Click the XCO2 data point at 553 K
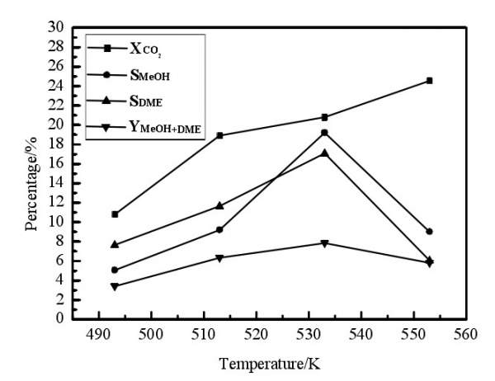tap(429, 81)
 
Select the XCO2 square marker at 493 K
tap(115, 214)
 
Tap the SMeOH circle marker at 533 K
tap(324, 133)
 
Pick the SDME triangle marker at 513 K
tap(219, 205)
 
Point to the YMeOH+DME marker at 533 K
tap(324, 243)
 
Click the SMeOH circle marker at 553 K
tap(429, 232)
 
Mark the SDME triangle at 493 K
tap(115, 244)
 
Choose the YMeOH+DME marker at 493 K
tap(115, 287)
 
